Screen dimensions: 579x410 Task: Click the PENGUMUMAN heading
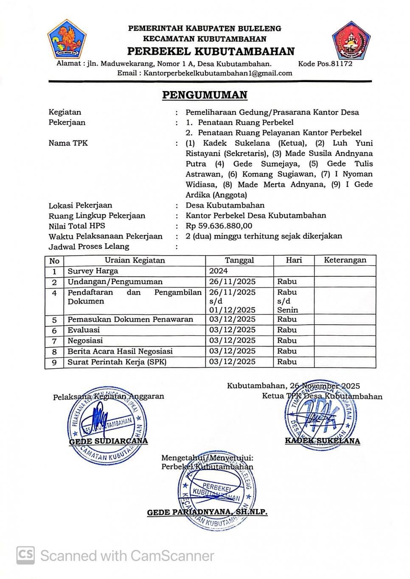[205, 95]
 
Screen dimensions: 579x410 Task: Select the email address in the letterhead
[218, 73]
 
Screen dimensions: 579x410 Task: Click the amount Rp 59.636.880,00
[219, 226]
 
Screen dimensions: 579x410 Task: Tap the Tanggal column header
[239, 260]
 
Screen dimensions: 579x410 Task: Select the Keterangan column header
[345, 260]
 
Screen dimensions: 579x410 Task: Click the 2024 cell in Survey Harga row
[219, 271]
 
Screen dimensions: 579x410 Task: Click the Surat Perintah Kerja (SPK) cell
[117, 362]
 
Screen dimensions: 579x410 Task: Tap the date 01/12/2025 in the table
[233, 310]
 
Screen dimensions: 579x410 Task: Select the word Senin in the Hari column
[287, 310]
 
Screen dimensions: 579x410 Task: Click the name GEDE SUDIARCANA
[108, 441]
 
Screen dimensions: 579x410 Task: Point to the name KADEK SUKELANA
[322, 441]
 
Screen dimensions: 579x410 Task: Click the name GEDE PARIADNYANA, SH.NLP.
[207, 512]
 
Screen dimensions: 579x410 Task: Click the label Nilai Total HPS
[77, 226]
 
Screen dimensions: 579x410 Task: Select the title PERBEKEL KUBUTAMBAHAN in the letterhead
[211, 52]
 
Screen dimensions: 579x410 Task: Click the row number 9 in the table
[54, 362]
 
